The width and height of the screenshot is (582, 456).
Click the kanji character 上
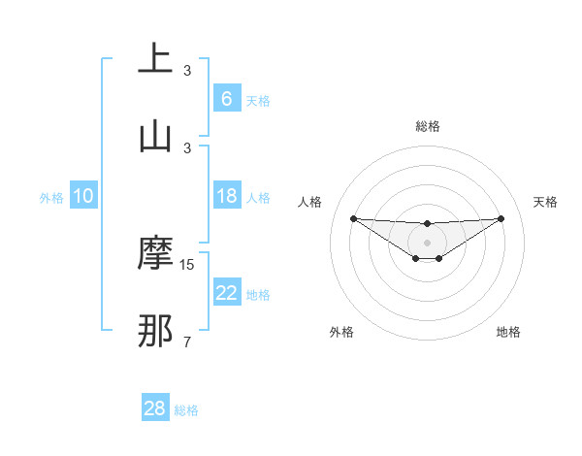pos(155,59)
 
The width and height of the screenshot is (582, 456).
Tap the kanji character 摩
pos(155,252)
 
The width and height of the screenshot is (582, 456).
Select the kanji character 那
pos(155,330)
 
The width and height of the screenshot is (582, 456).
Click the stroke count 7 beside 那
pos(187,342)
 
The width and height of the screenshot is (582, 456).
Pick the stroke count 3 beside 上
pos(187,71)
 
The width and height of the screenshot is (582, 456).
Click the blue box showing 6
pos(226,99)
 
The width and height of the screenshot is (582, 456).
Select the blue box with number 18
pos(226,196)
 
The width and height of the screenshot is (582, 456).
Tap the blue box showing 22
pos(226,293)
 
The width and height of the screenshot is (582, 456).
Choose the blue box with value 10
pos(83,196)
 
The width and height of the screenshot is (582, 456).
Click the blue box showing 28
pos(155,408)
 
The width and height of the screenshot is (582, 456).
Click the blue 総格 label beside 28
pos(186,410)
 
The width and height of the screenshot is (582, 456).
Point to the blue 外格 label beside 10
pos(51,198)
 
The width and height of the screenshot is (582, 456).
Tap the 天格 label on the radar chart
pos(545,202)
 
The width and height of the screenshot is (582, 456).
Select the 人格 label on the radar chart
pos(310,202)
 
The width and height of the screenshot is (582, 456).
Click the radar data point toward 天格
pos(501,218)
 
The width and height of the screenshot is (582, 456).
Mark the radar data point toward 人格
pos(353,218)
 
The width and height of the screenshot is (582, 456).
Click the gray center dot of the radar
pos(427,242)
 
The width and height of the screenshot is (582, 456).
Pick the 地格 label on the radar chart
pos(508,333)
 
